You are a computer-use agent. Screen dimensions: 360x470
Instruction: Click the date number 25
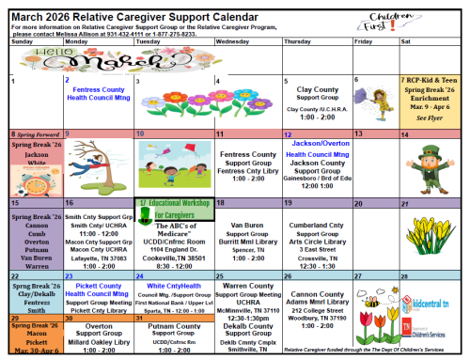(221, 275)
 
